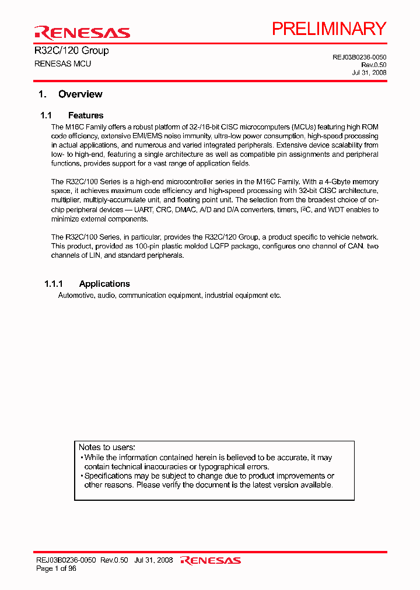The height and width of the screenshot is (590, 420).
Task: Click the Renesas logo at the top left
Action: (x=82, y=32)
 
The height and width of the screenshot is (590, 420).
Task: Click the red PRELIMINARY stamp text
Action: (x=329, y=29)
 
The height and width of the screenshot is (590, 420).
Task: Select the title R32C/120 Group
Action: (x=72, y=51)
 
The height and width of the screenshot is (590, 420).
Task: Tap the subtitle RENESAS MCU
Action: (x=62, y=64)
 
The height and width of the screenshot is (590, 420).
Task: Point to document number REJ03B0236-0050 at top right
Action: (x=359, y=57)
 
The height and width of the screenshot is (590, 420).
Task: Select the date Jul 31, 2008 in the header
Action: (x=369, y=73)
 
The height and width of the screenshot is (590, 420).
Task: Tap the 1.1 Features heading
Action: (x=72, y=115)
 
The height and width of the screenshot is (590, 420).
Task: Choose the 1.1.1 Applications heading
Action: (x=87, y=284)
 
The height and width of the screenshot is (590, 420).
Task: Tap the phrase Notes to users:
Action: (x=107, y=447)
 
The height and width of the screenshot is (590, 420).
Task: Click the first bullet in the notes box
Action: (x=82, y=458)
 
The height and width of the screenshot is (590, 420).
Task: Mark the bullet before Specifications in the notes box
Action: (x=82, y=476)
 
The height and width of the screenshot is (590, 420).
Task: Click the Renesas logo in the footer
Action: (x=211, y=560)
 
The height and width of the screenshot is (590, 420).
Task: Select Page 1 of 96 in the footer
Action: (x=57, y=568)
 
